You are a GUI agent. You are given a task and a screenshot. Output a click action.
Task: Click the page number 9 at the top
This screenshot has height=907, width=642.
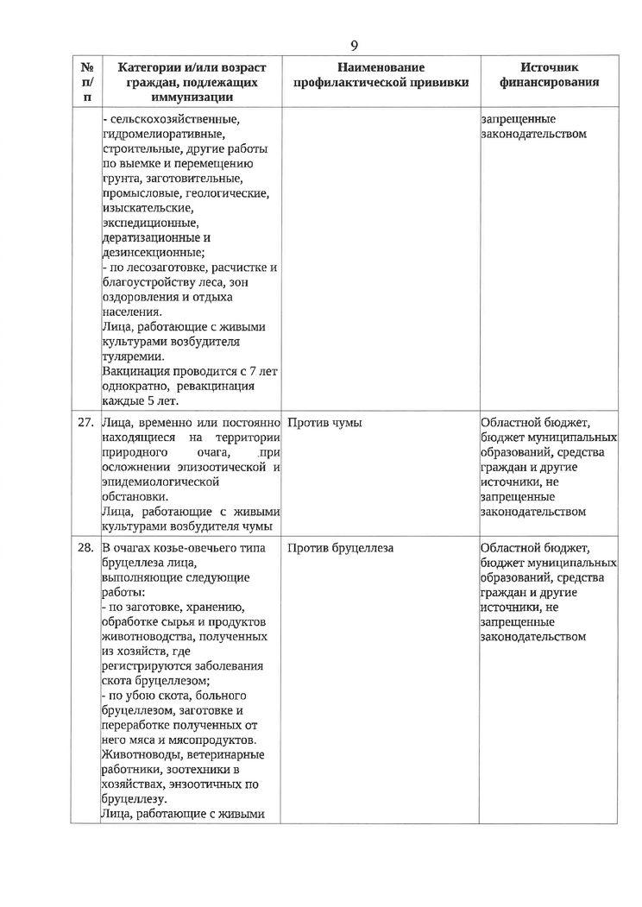(354, 46)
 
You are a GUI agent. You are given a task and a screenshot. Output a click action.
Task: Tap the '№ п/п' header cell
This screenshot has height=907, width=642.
(86, 82)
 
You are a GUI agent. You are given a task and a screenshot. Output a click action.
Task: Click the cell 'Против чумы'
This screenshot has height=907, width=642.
(324, 423)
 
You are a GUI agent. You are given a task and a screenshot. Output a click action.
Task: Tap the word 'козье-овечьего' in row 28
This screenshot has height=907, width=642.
(202, 547)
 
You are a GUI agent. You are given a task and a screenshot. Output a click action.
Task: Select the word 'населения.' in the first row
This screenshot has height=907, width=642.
(130, 312)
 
